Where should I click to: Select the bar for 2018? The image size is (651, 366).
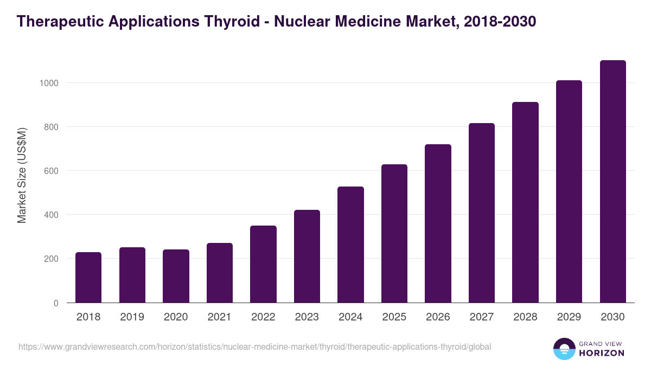pyautogui.click(x=88, y=278)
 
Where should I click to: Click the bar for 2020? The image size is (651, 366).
pyautogui.click(x=176, y=276)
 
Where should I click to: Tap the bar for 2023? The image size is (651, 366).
pyautogui.click(x=307, y=256)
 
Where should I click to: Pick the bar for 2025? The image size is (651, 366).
pyautogui.click(x=394, y=234)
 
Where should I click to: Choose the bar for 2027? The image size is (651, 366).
pyautogui.click(x=481, y=213)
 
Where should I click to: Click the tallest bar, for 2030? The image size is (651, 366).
pyautogui.click(x=612, y=182)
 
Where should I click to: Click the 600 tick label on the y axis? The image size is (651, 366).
pyautogui.click(x=50, y=171)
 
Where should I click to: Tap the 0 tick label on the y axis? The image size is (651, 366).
pyautogui.click(x=56, y=303)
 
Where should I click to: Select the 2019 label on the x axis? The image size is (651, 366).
pyautogui.click(x=132, y=317)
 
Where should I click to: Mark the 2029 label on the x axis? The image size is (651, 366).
pyautogui.click(x=569, y=317)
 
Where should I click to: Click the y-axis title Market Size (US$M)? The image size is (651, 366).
pyautogui.click(x=22, y=175)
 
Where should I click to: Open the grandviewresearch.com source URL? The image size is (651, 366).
pyautogui.click(x=254, y=346)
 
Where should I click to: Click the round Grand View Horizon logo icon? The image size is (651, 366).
pyautogui.click(x=564, y=349)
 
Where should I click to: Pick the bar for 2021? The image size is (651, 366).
pyautogui.click(x=219, y=273)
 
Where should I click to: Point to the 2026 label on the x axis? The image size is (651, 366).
pyautogui.click(x=438, y=317)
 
